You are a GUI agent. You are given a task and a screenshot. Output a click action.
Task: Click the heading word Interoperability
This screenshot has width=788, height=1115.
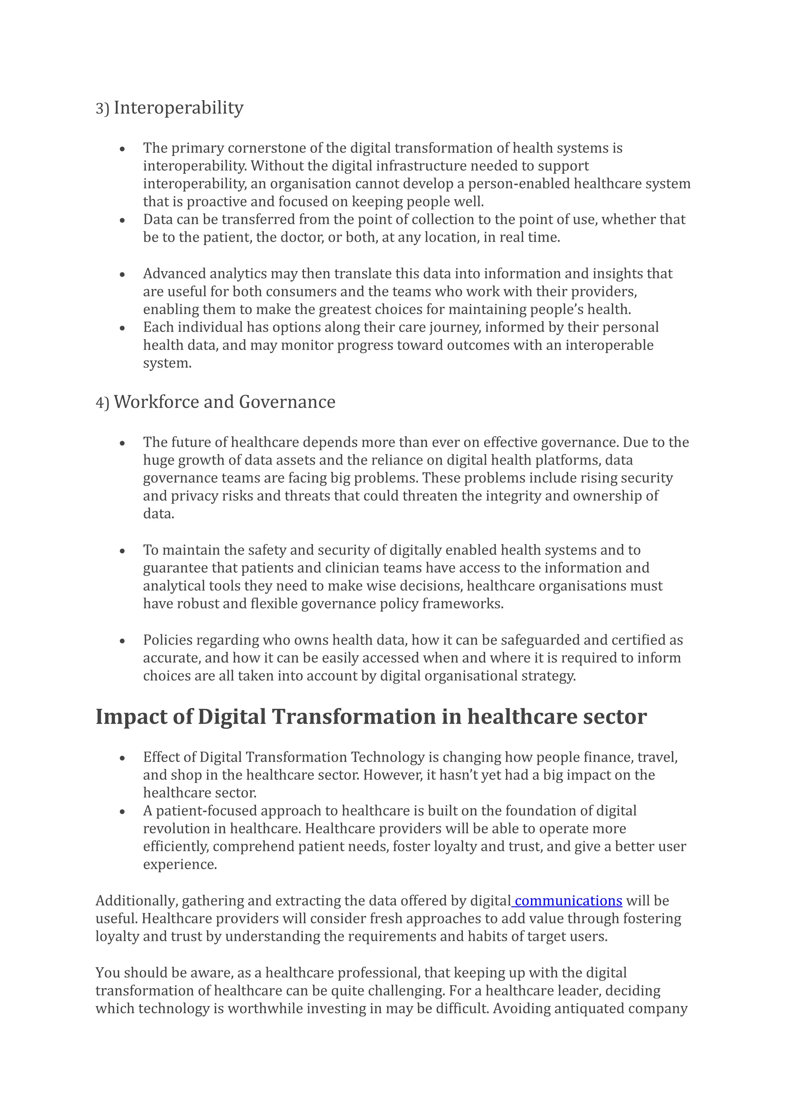(178, 108)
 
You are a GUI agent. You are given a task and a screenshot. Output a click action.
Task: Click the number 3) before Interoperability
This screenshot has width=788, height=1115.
(102, 109)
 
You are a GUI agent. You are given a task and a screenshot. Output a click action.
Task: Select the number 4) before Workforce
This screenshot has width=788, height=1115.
(102, 403)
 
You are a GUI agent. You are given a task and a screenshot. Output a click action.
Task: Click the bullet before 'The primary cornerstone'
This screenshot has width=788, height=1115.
(122, 149)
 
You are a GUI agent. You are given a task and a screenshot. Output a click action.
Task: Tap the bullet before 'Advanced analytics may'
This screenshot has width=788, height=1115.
(122, 275)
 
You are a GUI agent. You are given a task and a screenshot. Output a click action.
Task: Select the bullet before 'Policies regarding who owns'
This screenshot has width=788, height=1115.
(122, 641)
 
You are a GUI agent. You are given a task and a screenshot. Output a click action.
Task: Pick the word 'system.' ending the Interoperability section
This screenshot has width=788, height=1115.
(167, 363)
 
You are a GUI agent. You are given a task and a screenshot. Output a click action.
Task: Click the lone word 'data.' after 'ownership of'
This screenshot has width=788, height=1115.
(158, 514)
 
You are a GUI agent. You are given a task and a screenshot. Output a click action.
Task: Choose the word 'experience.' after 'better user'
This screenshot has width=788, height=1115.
(180, 864)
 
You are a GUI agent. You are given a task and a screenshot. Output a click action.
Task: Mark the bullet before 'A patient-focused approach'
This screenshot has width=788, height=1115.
(122, 812)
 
